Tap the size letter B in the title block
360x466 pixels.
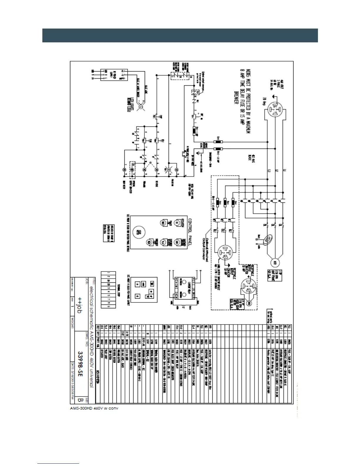click(x=79, y=400)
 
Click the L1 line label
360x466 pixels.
click(x=284, y=170)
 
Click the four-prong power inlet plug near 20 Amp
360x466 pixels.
click(x=275, y=105)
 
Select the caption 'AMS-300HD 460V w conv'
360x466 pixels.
click(x=94, y=408)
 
